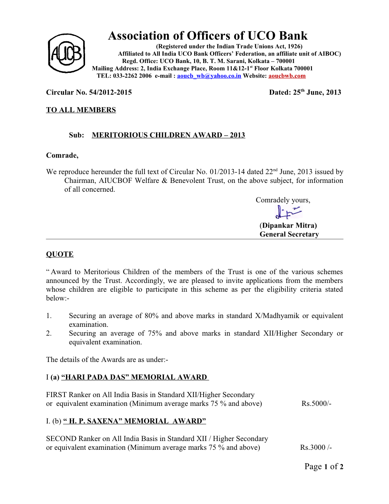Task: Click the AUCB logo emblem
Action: coord(66,53)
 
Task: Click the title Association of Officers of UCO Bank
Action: coord(207,36)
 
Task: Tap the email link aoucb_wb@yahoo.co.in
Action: coord(209,76)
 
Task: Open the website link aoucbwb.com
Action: coord(287,76)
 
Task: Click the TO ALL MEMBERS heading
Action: coord(81,110)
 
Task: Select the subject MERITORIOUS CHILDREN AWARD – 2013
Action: coord(168,135)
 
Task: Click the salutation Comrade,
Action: coord(62,155)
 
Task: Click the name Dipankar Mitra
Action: coord(289,226)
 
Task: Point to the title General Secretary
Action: coord(289,234)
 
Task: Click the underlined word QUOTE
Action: coord(60,254)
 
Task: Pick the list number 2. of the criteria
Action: coord(49,333)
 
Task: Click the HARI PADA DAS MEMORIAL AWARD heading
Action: coord(134,377)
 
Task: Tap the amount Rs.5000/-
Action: coord(316,404)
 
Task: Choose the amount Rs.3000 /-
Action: coord(316,447)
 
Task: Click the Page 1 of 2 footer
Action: coord(324,467)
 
